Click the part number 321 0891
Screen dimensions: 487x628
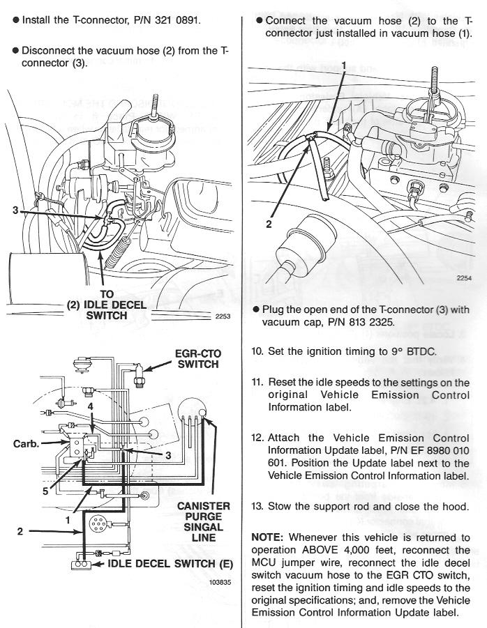pos(176,20)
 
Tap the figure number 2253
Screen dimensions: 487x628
pos(223,316)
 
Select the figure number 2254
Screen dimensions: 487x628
pos(464,278)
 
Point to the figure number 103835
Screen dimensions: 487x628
pos(220,582)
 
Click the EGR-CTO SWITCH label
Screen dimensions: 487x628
pos(198,359)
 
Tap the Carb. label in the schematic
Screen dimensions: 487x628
pos(27,444)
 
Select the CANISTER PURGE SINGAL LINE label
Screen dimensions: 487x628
pos(204,522)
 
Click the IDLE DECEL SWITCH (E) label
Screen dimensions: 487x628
pos(170,563)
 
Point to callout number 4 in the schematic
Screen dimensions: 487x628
pos(91,406)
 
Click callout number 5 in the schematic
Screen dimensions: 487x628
pos(45,491)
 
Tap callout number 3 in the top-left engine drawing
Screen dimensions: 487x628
pos(15,210)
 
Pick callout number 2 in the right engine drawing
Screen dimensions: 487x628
pos(269,224)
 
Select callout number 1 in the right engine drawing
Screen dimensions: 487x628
pos(343,66)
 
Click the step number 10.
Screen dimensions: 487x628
pos(257,351)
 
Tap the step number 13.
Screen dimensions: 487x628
pos(257,506)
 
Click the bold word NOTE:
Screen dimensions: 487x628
pos(267,537)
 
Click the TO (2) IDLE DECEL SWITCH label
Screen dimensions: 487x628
pos(106,305)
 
